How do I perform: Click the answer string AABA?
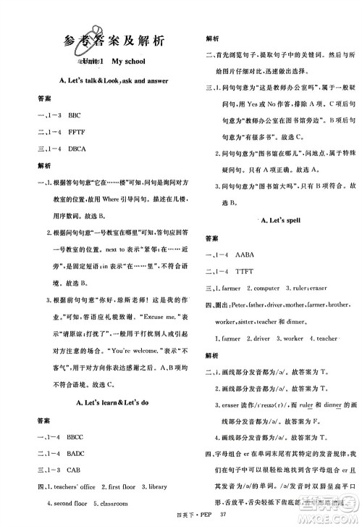(247, 256)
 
